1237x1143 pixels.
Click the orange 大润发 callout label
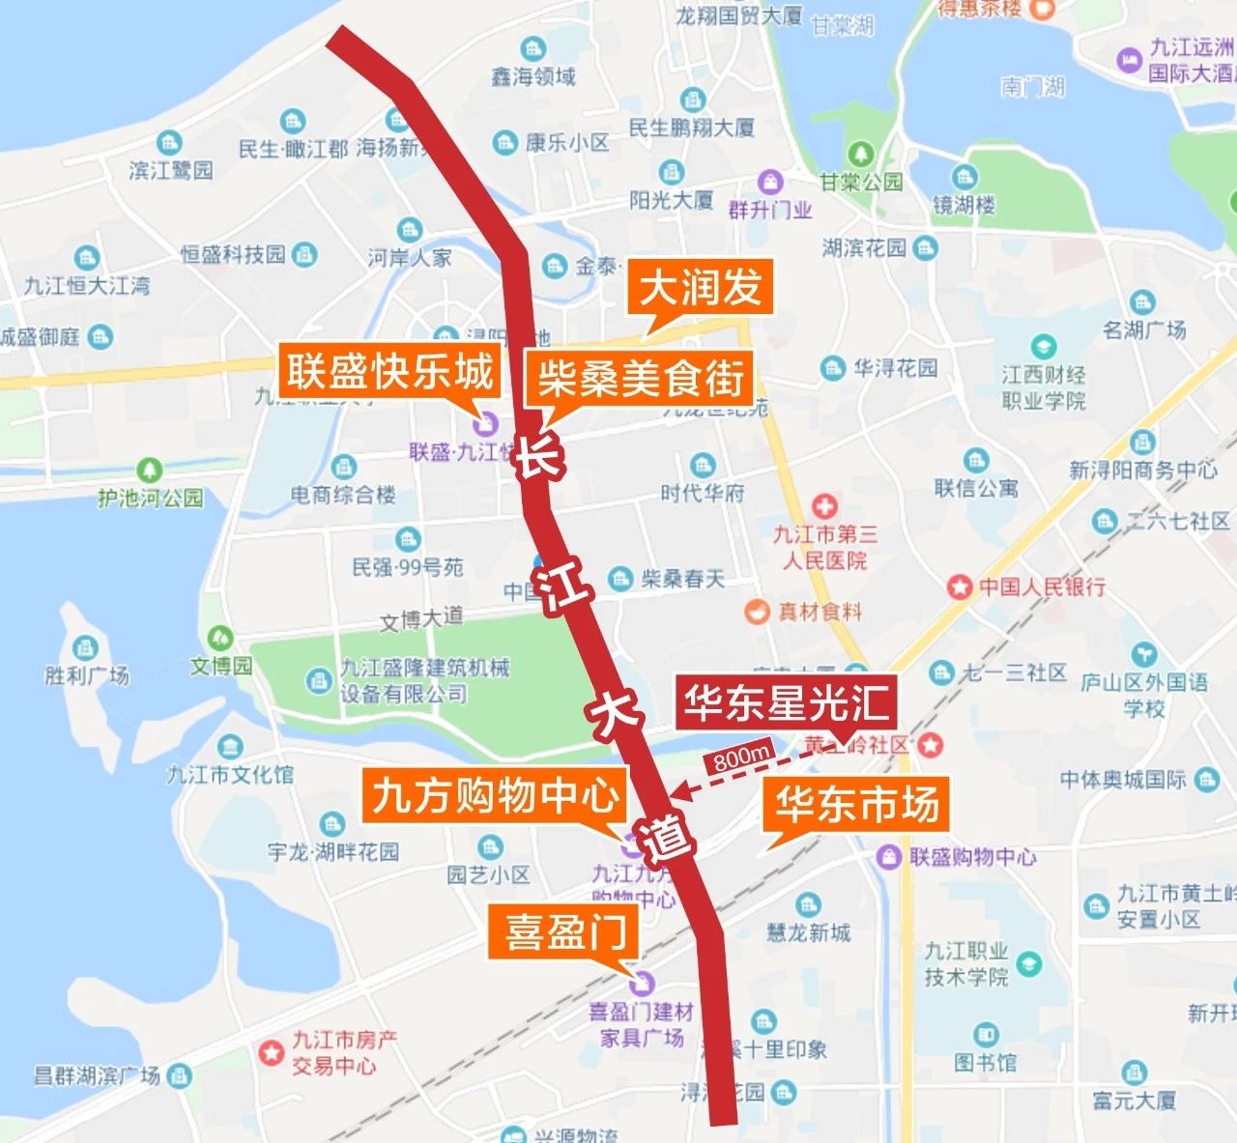(x=701, y=287)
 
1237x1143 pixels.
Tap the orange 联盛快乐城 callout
(x=389, y=372)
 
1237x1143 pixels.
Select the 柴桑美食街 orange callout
(x=640, y=378)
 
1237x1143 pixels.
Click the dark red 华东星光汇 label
(x=786, y=702)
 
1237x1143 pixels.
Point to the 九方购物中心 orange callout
(x=496, y=796)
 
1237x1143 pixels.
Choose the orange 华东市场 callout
(x=856, y=804)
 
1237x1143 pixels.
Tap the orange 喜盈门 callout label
(x=565, y=931)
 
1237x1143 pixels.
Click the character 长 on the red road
(x=537, y=456)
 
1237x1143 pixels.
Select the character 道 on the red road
(x=670, y=837)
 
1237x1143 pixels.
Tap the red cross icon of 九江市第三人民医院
(x=823, y=505)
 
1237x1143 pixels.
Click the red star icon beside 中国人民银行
(x=959, y=586)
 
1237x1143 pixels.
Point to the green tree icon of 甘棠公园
(x=860, y=155)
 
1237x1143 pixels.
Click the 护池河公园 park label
(x=150, y=498)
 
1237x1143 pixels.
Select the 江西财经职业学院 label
(x=1044, y=386)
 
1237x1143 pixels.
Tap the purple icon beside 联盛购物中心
(x=888, y=856)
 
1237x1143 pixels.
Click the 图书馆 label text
(x=986, y=1063)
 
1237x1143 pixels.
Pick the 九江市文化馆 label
(x=230, y=774)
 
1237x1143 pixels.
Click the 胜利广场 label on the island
(x=87, y=674)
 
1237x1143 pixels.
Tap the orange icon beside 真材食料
(x=756, y=612)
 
